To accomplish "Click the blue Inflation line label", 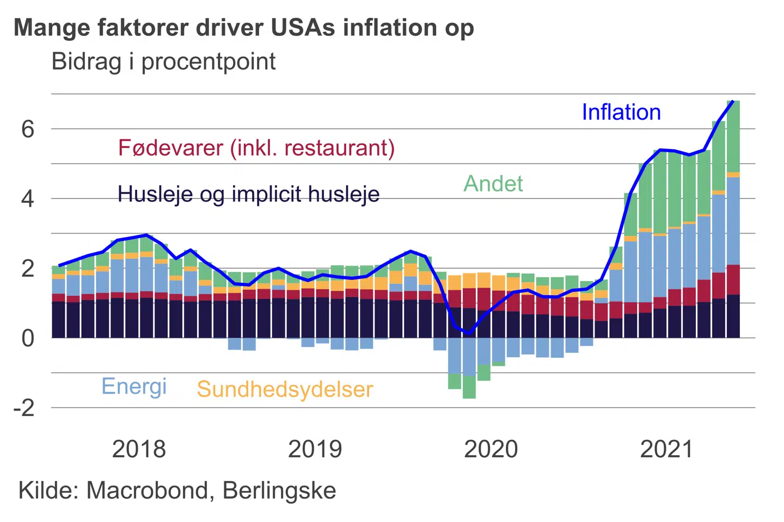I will point(621,113).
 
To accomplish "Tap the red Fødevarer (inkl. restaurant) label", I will point(256,148).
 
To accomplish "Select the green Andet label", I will point(493,184).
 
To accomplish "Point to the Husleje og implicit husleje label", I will point(248,194).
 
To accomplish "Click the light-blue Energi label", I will point(134,387).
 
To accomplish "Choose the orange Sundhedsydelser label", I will point(285,389).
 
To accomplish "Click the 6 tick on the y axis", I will point(28,129).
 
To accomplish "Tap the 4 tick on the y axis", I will point(28,199).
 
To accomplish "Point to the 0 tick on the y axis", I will point(28,338).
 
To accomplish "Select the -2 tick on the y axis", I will point(24,408).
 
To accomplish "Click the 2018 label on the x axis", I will point(139,450).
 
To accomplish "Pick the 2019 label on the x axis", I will point(315,450).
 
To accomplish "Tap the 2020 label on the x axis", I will point(491,450).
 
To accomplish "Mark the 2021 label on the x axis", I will point(666,450).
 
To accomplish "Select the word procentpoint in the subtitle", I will point(209,61).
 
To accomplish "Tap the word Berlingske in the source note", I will point(279,490).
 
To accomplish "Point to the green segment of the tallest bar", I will point(733,136).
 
